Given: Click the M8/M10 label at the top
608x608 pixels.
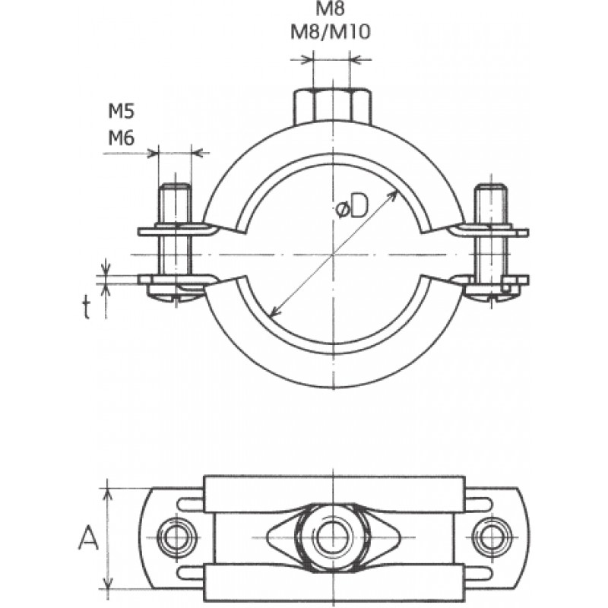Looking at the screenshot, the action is coord(331,32).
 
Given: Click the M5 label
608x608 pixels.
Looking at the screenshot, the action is coord(121,112).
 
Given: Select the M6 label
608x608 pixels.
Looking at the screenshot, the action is coord(121,138).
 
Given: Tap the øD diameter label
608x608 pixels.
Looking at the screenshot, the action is coord(351,208).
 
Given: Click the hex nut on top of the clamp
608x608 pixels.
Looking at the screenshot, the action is coord(333,107).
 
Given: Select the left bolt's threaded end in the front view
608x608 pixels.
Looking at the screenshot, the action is coord(175,204).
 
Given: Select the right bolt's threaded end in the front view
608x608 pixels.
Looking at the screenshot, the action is coord(491,204).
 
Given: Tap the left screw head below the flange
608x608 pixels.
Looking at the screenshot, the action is coord(176,293).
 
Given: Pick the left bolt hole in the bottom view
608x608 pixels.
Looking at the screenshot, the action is coord(177,537).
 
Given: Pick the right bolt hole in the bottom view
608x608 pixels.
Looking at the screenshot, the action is coord(490,537).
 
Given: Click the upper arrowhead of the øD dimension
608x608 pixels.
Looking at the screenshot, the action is coord(394,195).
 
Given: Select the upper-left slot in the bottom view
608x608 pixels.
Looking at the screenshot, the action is coord(191,504).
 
